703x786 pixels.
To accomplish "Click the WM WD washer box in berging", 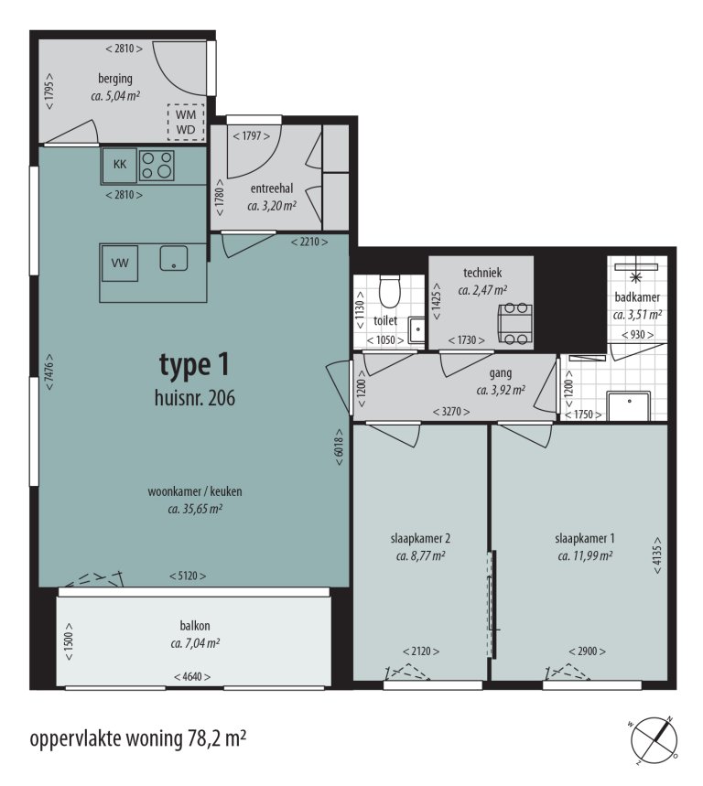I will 185,122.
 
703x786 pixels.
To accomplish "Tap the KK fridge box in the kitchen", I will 120,165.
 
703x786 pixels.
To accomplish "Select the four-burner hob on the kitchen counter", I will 157,165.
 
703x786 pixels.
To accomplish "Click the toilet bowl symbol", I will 390,292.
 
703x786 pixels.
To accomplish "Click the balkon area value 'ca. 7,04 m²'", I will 194,643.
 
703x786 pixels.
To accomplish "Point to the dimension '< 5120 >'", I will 187,576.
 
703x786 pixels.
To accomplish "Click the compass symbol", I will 657,738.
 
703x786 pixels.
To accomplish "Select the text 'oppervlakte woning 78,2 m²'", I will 138,738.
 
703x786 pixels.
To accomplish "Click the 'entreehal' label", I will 271,188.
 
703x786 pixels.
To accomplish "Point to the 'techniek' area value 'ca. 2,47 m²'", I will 482,290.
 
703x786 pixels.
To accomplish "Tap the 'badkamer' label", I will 638,297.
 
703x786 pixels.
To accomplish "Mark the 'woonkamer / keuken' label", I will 194,491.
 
